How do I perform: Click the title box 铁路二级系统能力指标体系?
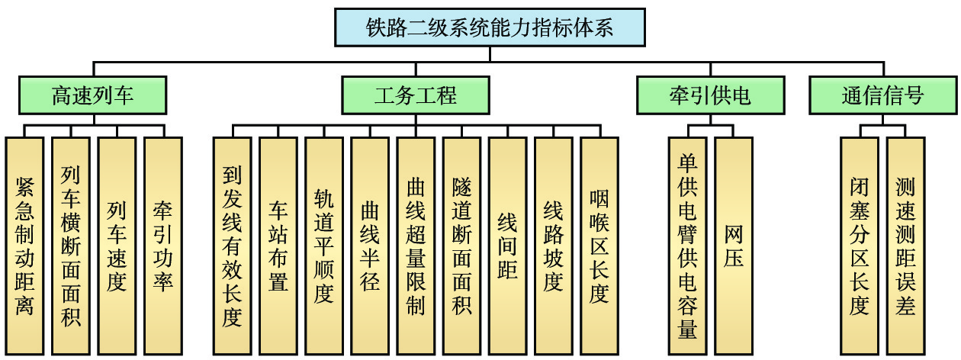point(490,28)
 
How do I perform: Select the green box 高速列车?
point(92,95)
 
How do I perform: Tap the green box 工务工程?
point(416,95)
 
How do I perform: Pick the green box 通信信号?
point(882,95)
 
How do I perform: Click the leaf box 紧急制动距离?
point(24,246)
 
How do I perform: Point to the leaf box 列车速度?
point(116,246)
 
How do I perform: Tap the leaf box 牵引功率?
point(162,246)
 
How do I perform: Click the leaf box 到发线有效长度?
point(232,246)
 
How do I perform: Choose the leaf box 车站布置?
point(278,246)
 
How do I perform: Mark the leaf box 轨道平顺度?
point(323,246)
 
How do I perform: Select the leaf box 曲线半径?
point(370,246)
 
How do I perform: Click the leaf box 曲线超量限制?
point(416,246)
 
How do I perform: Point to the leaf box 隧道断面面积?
point(461,246)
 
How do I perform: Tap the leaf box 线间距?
point(507,246)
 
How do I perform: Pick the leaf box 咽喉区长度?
point(599,246)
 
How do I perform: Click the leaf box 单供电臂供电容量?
point(687,246)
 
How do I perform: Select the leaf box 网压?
point(734,246)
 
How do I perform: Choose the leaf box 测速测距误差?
point(905,246)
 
